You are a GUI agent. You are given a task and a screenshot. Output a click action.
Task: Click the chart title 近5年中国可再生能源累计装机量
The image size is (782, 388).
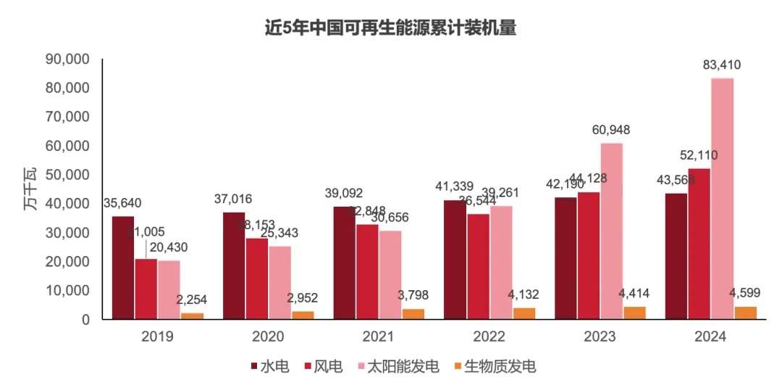390,28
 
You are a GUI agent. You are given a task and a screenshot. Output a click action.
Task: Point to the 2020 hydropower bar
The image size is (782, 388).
234,265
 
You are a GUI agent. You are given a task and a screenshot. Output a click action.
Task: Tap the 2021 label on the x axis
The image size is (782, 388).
378,337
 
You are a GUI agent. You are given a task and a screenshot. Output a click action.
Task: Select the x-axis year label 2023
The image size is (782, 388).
600,337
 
